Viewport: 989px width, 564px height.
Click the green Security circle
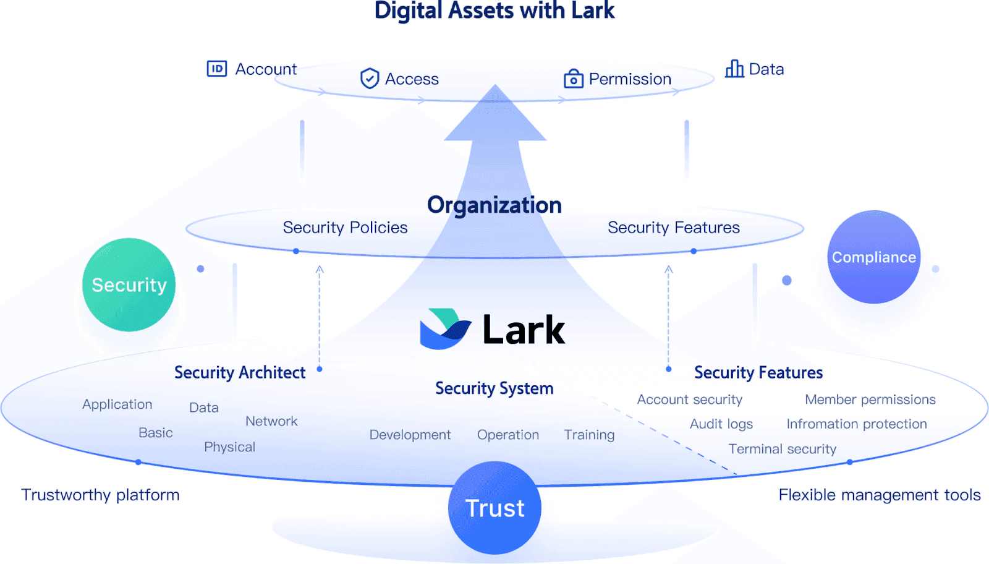[x=129, y=284]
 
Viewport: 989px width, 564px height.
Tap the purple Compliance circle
[x=873, y=257]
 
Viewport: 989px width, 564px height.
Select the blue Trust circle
[x=494, y=508]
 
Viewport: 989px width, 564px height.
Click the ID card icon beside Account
[x=217, y=69]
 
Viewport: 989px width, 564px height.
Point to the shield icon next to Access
[x=370, y=79]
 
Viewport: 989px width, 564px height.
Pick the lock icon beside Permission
[x=573, y=79]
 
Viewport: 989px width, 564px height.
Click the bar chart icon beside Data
[x=734, y=69]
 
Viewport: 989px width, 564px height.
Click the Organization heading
[x=494, y=205]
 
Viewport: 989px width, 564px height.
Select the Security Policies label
[x=345, y=228]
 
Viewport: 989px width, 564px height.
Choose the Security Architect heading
[x=240, y=372]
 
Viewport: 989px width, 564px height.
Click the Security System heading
[x=494, y=388]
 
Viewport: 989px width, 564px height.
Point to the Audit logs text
[x=721, y=424]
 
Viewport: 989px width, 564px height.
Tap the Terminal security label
[x=782, y=449]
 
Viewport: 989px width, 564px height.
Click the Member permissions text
[x=870, y=399]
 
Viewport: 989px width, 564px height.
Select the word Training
[x=589, y=435]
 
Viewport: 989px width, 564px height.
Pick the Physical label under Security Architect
[x=229, y=447]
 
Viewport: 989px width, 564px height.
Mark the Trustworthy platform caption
[x=100, y=495]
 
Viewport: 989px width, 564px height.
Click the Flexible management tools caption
[x=879, y=495]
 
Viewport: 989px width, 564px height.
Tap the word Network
[x=271, y=421]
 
